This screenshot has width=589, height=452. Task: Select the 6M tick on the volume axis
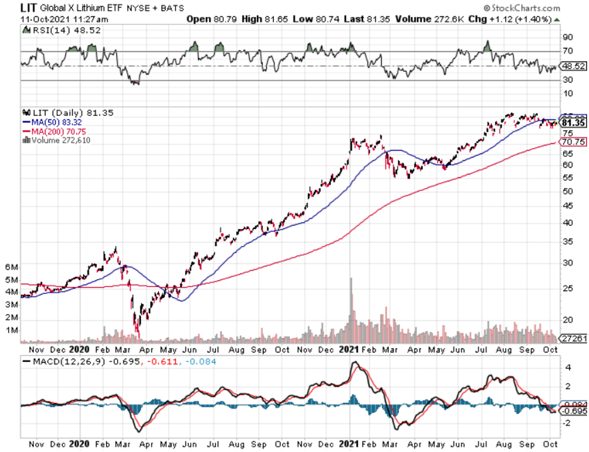pos(11,267)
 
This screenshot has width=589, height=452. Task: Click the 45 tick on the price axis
pos(567,205)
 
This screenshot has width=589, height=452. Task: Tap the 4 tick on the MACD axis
pos(566,367)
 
